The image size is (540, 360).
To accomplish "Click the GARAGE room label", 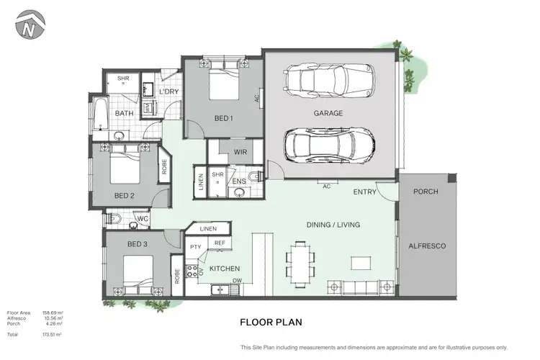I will pyautogui.click(x=328, y=113).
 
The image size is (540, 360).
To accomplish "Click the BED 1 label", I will pyautogui.click(x=223, y=118).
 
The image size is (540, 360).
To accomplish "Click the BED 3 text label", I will pyautogui.click(x=138, y=245).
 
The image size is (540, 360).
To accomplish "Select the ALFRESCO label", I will pyautogui.click(x=428, y=246).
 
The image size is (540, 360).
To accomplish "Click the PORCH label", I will pyautogui.click(x=427, y=192).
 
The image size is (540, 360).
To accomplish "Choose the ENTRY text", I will pyautogui.click(x=365, y=192).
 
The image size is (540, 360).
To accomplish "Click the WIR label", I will pyautogui.click(x=240, y=153).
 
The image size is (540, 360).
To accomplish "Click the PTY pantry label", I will pyautogui.click(x=195, y=247).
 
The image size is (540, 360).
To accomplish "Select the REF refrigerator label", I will pyautogui.click(x=220, y=243).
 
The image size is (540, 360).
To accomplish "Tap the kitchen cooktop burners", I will pyautogui.click(x=192, y=272).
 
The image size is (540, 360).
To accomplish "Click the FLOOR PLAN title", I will pyautogui.click(x=271, y=323).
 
